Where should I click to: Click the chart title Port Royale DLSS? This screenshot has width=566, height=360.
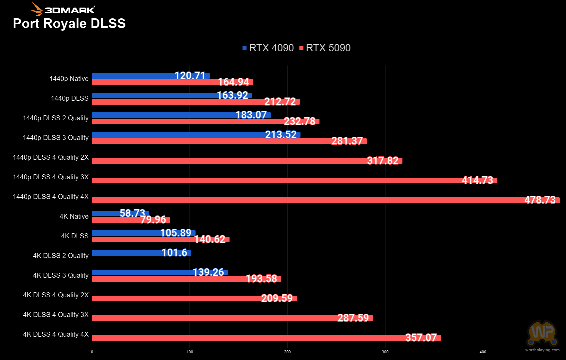[69, 24]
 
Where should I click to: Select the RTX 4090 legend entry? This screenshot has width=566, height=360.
[268, 48]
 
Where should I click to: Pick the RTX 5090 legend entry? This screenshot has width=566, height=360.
[325, 48]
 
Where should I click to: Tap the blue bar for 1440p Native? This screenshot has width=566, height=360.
[151, 76]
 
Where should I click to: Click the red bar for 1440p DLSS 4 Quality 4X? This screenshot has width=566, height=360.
[326, 200]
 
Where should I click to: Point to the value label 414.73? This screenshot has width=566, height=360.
[477, 180]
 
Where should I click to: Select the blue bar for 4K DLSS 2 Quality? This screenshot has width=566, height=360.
[142, 253]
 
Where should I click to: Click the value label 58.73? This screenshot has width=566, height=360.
[132, 213]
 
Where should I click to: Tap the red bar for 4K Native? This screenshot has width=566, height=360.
[131, 220]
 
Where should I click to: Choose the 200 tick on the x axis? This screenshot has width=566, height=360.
[287, 352]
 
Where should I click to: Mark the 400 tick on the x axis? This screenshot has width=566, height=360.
[483, 352]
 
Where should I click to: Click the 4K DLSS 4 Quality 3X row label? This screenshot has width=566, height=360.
[56, 315]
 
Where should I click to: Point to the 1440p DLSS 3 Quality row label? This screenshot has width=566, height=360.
[56, 138]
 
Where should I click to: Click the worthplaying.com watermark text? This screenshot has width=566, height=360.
[542, 350]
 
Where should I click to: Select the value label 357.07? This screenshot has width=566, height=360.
[421, 337]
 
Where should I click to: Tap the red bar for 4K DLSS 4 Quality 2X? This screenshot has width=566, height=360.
[194, 298]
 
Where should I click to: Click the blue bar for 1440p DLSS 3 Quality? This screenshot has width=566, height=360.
[196, 135]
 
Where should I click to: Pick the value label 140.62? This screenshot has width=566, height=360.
[210, 239]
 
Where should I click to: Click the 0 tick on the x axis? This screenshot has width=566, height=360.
[92, 352]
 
